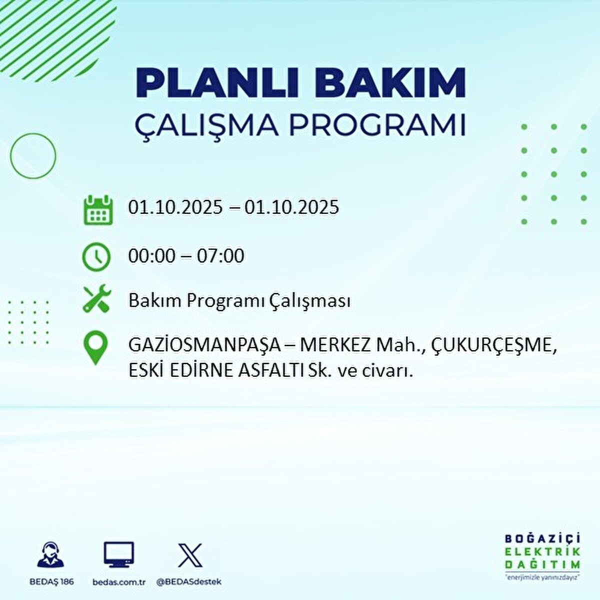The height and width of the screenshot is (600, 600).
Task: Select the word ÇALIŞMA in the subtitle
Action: [206, 125]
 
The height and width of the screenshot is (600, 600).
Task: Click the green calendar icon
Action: [98, 210]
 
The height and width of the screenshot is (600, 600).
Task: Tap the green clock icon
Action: [96, 257]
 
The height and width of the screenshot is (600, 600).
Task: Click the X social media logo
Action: [190, 555]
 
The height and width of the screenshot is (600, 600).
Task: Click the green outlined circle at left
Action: [10, 155]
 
